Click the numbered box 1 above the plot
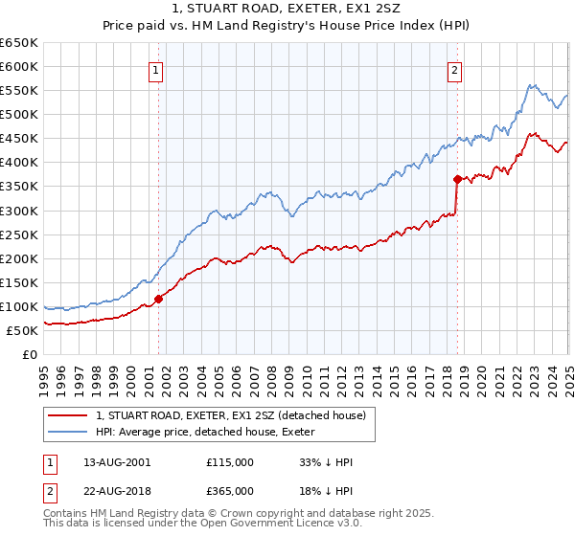coord(155,69)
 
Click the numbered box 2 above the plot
coord(454,69)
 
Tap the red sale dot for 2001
coord(159,299)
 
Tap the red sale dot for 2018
coord(457,178)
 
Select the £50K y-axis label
coord(22,330)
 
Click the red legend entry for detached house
coord(230,416)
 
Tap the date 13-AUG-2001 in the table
coord(117,462)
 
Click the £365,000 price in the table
coord(230,491)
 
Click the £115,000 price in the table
coord(230,462)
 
